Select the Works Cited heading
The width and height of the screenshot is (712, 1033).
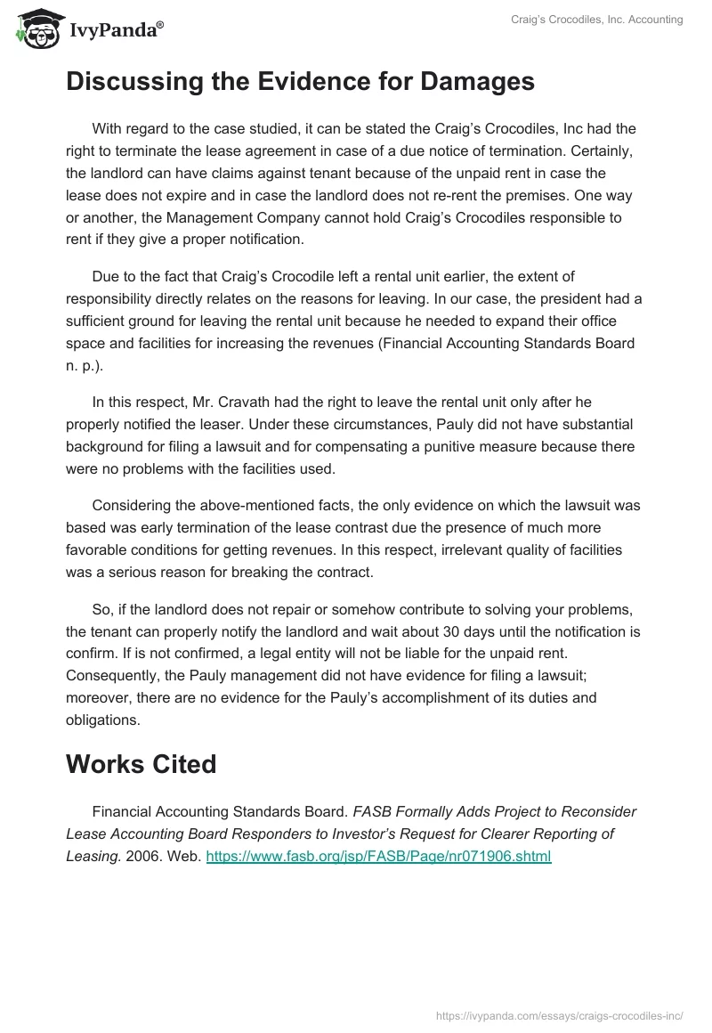141,765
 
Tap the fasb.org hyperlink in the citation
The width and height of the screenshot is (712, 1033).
378,857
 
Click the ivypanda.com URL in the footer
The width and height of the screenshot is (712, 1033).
558,1014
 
